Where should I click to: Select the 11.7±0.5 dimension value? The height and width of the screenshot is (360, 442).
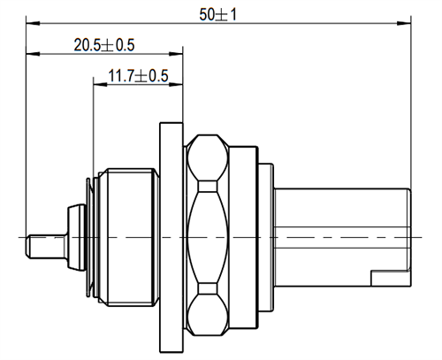[138, 76]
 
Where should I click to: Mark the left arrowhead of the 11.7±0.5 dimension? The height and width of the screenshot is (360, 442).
[98, 86]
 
